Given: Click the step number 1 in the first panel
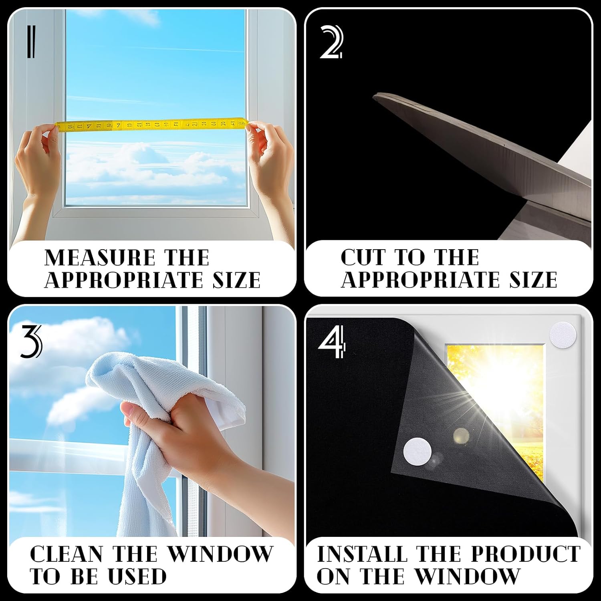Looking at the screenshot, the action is tap(31, 42).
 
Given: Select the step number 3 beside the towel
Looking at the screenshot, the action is tap(30, 341).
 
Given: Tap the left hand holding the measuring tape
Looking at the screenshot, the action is tap(38, 160).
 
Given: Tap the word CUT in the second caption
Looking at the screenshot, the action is tap(363, 258).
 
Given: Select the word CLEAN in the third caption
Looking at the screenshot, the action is tap(67, 554).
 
